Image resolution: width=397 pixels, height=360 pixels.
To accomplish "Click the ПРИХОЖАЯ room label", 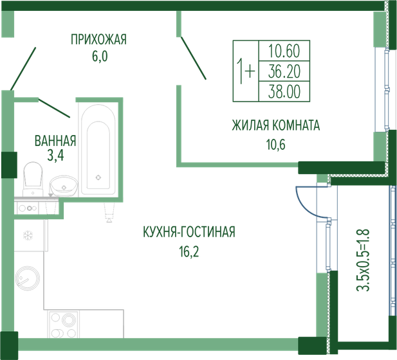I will pos(99,40).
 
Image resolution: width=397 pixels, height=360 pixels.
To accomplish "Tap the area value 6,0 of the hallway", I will pos(99,56).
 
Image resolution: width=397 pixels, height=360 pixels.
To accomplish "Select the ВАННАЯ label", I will pos(55,140).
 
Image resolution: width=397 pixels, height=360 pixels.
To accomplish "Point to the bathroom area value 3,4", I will pos(55,155).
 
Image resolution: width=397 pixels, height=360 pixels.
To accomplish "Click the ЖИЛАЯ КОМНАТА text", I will pos(275,125).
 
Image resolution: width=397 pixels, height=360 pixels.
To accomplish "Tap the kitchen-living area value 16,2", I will pos(189,251).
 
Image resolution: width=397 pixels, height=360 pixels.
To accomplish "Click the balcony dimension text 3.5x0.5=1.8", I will pos(364,258).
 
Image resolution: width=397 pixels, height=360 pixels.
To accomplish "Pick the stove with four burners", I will pos(63,323).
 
